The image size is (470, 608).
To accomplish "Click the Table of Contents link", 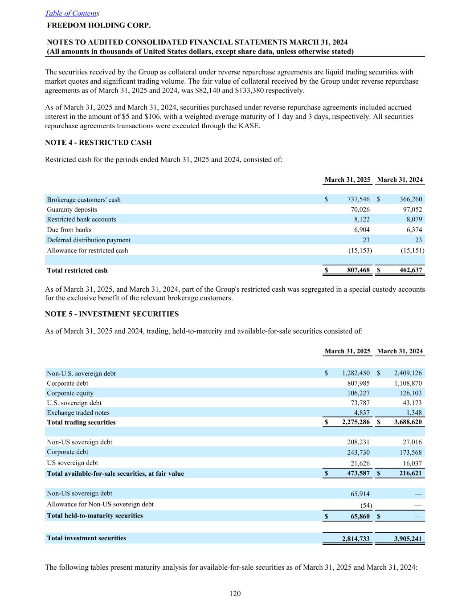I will tap(71, 14).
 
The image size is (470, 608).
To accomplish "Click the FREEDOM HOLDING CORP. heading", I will tap(98, 25).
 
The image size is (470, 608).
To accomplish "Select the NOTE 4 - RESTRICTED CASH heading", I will tap(98, 143).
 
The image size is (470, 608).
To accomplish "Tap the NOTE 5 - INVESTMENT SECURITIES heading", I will tap(112, 314).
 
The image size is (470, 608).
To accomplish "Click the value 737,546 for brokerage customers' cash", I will tap(358, 200).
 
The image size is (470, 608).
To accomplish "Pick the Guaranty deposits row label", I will tap(72, 209).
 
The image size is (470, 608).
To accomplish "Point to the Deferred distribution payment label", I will tap(89, 240).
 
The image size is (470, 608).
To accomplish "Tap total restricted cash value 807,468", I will tap(358, 270).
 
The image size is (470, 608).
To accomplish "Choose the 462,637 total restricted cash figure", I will tap(410, 270).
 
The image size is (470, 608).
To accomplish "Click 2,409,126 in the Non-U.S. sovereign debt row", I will tap(408, 373).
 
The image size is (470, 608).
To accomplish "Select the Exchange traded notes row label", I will tap(78, 413).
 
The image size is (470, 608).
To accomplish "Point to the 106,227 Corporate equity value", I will tap(358, 393).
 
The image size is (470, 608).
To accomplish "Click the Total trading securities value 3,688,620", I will tap(408, 422).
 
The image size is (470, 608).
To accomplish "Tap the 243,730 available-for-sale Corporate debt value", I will tap(358, 453).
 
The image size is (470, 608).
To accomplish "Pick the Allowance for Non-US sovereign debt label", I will tap(100, 504).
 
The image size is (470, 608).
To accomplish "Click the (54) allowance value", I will tap(366, 505).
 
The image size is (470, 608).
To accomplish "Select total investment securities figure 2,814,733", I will tap(356, 539).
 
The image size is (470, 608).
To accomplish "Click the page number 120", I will tap(235, 593).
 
